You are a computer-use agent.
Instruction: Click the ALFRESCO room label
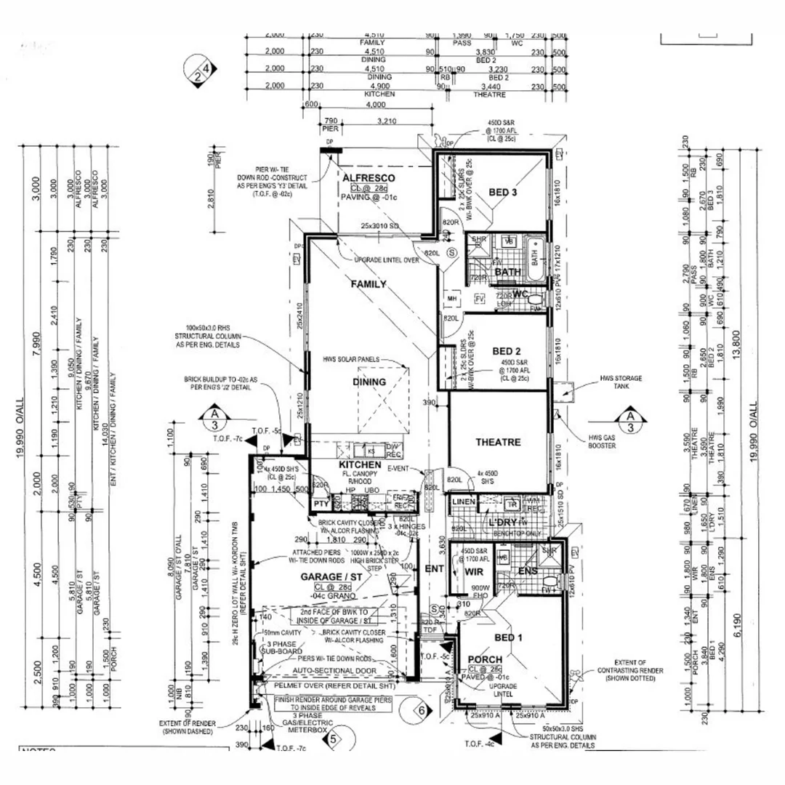tap(369, 177)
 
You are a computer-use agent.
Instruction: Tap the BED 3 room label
tap(502, 192)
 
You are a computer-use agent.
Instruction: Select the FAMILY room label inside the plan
tap(369, 284)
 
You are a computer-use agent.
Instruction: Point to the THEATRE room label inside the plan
tap(498, 442)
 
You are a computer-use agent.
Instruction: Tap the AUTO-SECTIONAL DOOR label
tap(334, 671)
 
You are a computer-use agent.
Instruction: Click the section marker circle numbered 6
tap(419, 707)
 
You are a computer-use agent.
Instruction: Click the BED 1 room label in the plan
tap(509, 637)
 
